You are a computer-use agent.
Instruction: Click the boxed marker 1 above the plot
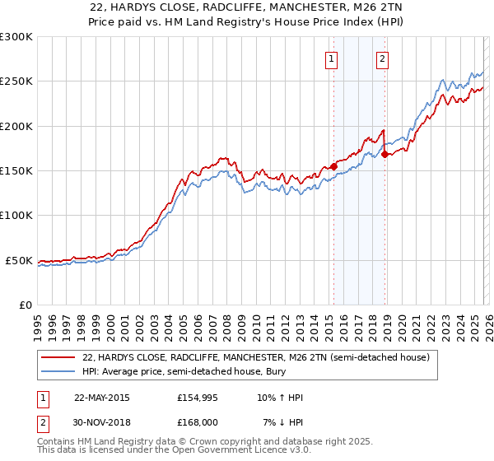click(x=331, y=58)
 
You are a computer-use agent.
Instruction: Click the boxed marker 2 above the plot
click(x=383, y=58)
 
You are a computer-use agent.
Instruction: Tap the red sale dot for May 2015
click(x=333, y=166)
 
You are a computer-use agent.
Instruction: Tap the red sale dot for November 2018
click(x=385, y=154)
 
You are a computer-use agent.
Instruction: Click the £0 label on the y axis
click(x=26, y=305)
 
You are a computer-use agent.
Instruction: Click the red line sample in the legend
click(x=58, y=358)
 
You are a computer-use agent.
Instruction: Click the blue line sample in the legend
click(x=58, y=373)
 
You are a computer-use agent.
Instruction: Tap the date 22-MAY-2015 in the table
click(x=101, y=398)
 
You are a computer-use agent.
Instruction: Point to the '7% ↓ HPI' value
click(x=282, y=422)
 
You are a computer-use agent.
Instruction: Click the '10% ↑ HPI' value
click(x=280, y=398)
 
